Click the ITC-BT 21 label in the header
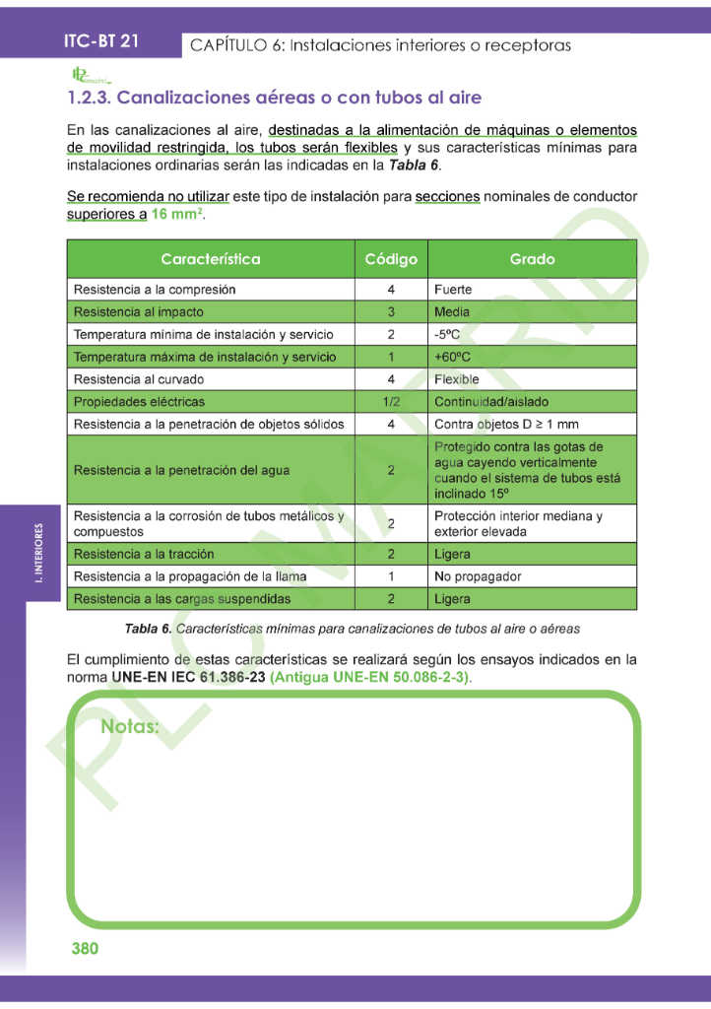coord(100,41)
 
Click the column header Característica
coord(210,259)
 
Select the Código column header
coord(391,259)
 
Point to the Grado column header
coord(532,259)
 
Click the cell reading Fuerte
coord(453,290)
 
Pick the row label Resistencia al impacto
coord(139,312)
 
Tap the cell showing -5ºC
coord(448,334)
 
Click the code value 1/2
coord(391,402)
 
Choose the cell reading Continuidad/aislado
coord(491,402)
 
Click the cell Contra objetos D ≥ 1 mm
coord(506,425)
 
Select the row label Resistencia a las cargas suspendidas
coord(182,599)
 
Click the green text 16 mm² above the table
coord(177,215)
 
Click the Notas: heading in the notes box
coord(130,728)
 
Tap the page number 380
coord(85,949)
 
